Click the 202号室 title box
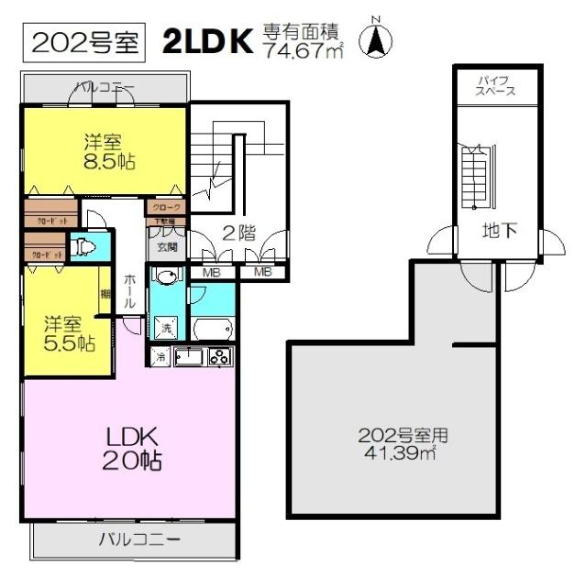[85, 41]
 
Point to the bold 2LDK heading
[208, 41]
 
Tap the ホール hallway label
[130, 291]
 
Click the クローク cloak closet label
[167, 208]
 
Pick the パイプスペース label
[496, 87]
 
